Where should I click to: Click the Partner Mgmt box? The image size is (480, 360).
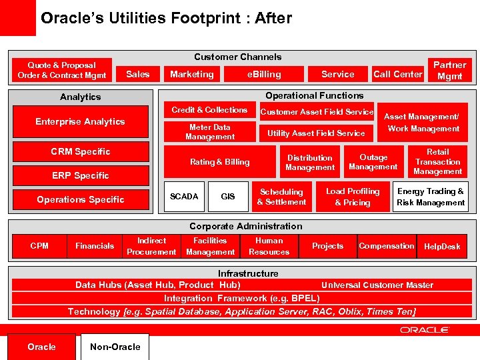pos(450,70)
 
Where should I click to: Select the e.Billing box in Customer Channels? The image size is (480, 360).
pos(264,74)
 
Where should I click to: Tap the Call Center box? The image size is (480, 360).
pos(398,74)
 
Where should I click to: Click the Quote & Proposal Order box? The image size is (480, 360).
pos(61,70)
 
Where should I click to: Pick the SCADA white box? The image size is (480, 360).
pos(184,197)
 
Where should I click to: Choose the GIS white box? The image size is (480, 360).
pos(228,197)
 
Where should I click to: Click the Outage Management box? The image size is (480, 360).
pos(373,162)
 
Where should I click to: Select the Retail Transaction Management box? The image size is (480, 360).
pos(437,162)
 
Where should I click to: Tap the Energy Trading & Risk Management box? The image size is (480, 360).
pos(431,197)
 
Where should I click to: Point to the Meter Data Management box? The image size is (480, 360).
pos(210,132)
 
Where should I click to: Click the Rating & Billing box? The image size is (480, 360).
pos(220,162)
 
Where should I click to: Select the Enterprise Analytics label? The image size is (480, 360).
pos(80,121)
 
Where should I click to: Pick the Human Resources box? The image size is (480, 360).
pos(269,246)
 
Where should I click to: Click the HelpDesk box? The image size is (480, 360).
pos(442,246)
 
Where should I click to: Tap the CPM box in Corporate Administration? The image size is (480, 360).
pos(39,246)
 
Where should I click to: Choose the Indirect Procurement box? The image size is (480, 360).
pos(151,246)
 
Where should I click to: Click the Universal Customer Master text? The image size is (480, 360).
pos(377,285)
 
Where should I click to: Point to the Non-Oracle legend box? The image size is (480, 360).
pos(115,347)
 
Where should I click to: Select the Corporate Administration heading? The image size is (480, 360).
pos(245,226)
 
